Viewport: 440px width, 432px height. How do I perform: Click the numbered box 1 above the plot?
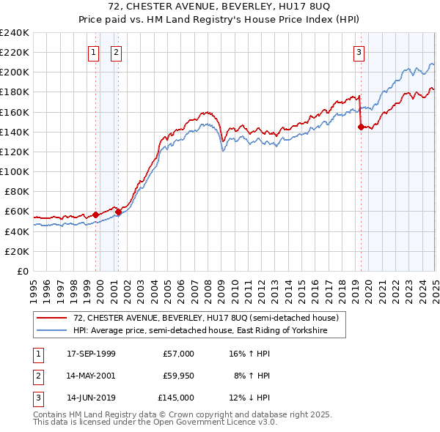95,52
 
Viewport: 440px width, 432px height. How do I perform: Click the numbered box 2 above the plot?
117,52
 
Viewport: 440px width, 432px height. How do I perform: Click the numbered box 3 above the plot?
359,52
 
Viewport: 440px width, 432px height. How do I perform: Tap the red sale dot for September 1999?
95,215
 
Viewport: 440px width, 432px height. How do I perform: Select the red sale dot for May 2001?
118,212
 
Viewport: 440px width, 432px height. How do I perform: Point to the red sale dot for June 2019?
360,127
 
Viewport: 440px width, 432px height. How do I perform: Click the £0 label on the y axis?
22,271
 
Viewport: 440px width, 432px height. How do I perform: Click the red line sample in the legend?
51,318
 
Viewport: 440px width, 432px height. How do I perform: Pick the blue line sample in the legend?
51,331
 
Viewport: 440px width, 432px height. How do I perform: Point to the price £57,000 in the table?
178,354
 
